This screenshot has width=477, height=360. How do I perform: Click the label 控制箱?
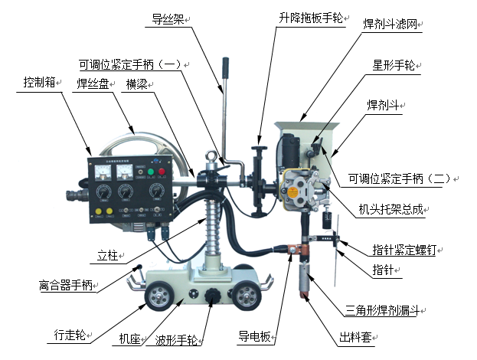pos(40,82)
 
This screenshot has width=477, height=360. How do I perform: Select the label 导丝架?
pos(168,19)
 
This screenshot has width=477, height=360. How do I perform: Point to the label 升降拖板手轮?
pos(311,18)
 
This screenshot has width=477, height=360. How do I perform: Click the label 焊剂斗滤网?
pos(390,24)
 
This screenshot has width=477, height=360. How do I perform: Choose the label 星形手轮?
pos(394,65)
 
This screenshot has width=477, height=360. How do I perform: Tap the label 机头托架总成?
pos(391,209)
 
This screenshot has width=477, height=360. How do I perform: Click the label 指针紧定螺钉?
pos(404,250)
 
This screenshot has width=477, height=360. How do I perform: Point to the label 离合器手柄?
pos(66,285)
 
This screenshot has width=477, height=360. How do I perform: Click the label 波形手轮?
pos(176,340)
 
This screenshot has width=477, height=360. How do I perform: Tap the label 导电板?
pos(254,336)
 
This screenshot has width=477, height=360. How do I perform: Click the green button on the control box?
pos(151,172)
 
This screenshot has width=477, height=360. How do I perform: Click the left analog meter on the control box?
pos(103,172)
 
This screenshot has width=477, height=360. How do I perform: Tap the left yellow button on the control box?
pos(98,211)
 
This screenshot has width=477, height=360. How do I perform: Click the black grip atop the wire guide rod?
pos(225,67)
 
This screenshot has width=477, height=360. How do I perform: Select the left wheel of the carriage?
pos(160,296)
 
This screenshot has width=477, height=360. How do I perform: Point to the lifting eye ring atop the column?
pos(211,156)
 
